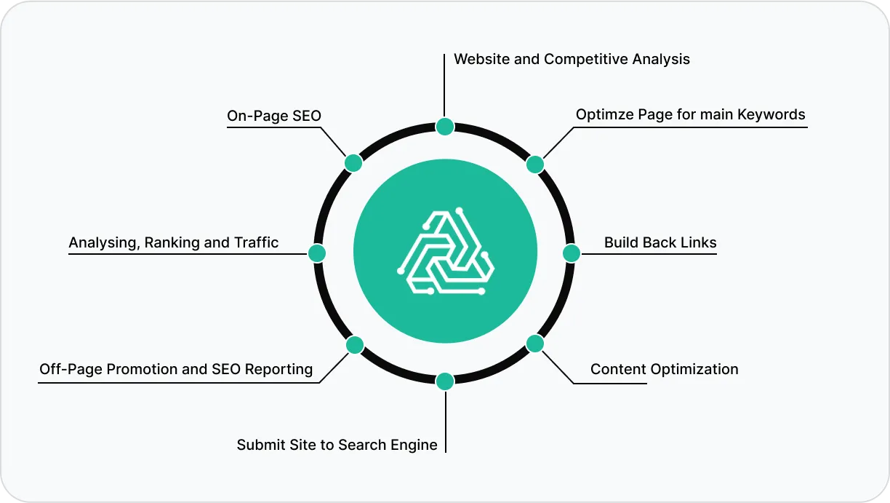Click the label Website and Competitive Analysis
[572, 59]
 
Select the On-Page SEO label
[274, 116]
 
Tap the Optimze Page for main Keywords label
[690, 114]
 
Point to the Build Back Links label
[660, 242]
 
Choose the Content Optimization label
[664, 369]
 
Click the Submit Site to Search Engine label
[337, 444]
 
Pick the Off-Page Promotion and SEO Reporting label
[176, 369]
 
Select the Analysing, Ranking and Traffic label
[174, 242]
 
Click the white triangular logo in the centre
[445, 252]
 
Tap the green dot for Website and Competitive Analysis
[445, 127]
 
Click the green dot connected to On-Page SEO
[353, 163]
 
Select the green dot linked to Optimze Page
[535, 165]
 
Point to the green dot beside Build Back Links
[572, 253]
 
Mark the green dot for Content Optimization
[535, 344]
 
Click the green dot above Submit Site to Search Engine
[445, 381]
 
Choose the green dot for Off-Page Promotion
[354, 344]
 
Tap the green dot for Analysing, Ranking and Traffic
[316, 253]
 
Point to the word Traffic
[256, 242]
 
